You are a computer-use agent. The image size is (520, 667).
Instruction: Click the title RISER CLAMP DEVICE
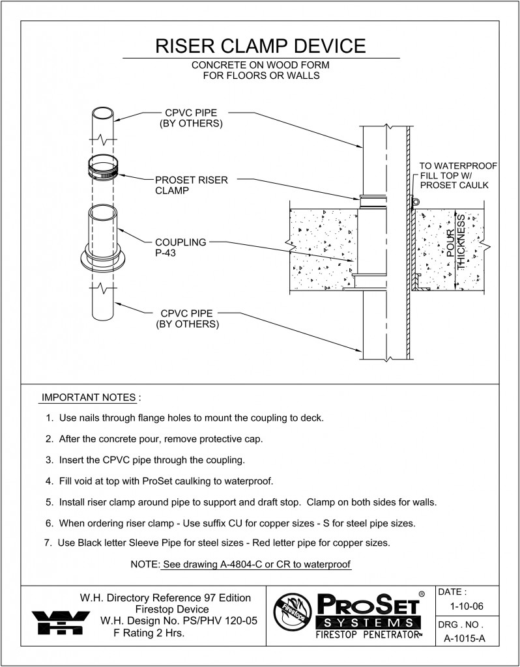click(261, 46)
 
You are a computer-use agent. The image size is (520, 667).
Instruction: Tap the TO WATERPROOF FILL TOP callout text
click(457, 176)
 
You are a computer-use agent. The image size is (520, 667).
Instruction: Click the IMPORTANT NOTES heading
click(89, 397)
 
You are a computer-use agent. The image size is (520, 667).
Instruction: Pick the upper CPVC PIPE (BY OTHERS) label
click(191, 119)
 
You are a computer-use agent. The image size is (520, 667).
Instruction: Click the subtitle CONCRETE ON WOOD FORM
click(261, 66)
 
